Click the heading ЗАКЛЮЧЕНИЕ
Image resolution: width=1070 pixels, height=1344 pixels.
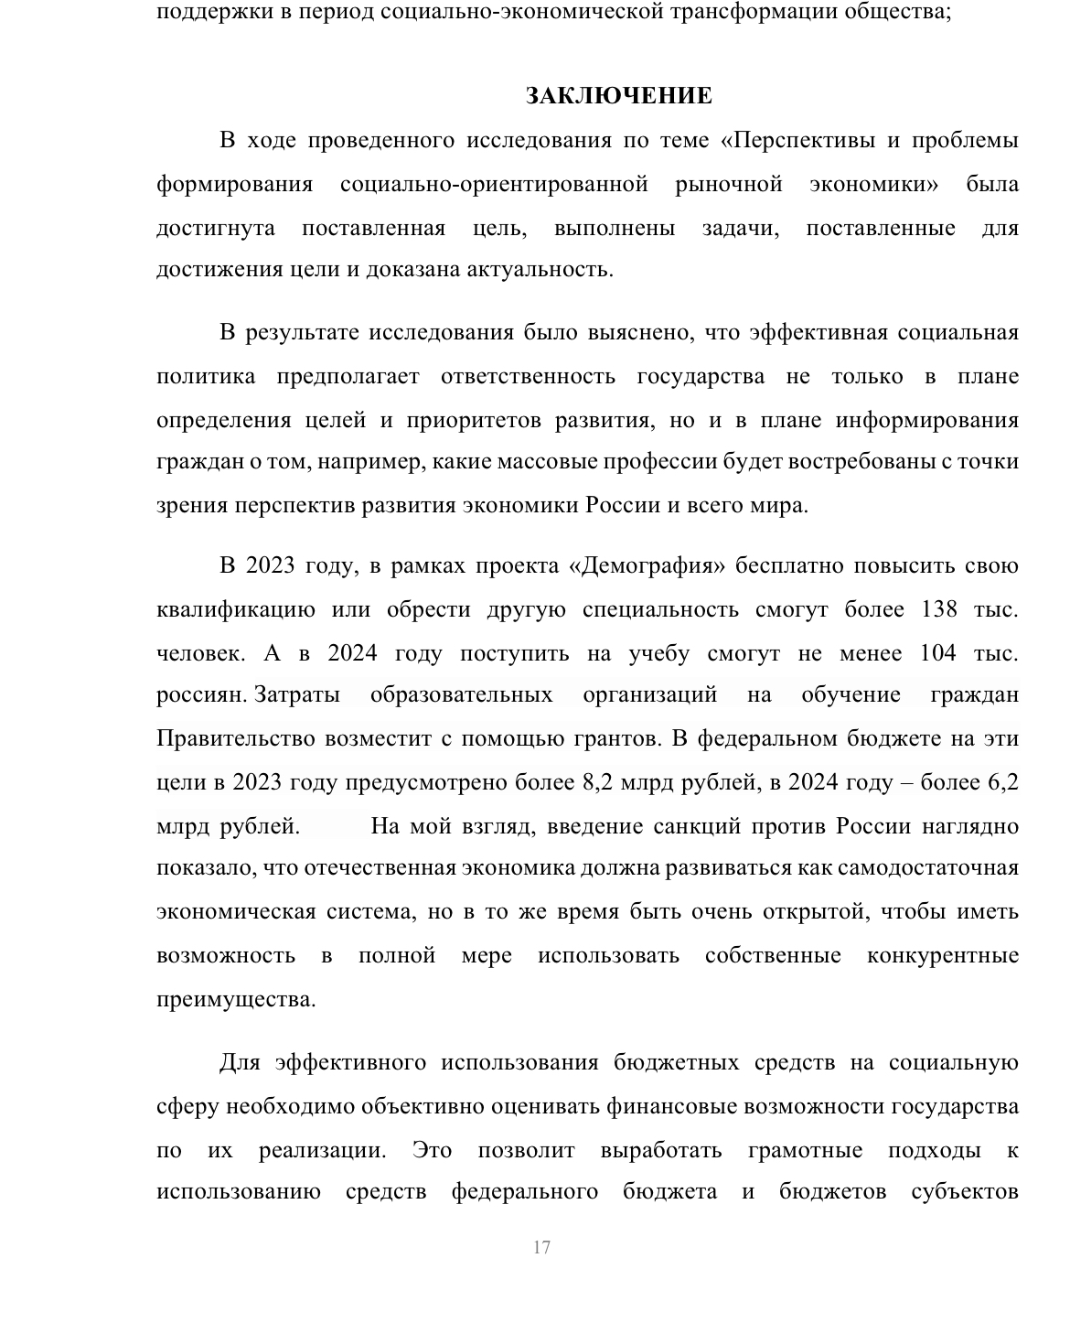(618, 96)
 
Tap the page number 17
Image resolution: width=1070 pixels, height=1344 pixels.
(541, 1248)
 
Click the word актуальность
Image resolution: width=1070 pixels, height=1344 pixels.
(540, 271)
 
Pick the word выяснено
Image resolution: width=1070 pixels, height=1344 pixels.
(640, 332)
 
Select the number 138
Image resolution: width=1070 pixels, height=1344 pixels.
(938, 610)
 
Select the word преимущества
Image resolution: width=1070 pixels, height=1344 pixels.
(235, 1000)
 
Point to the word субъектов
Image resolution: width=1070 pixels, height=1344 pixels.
(965, 1192)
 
